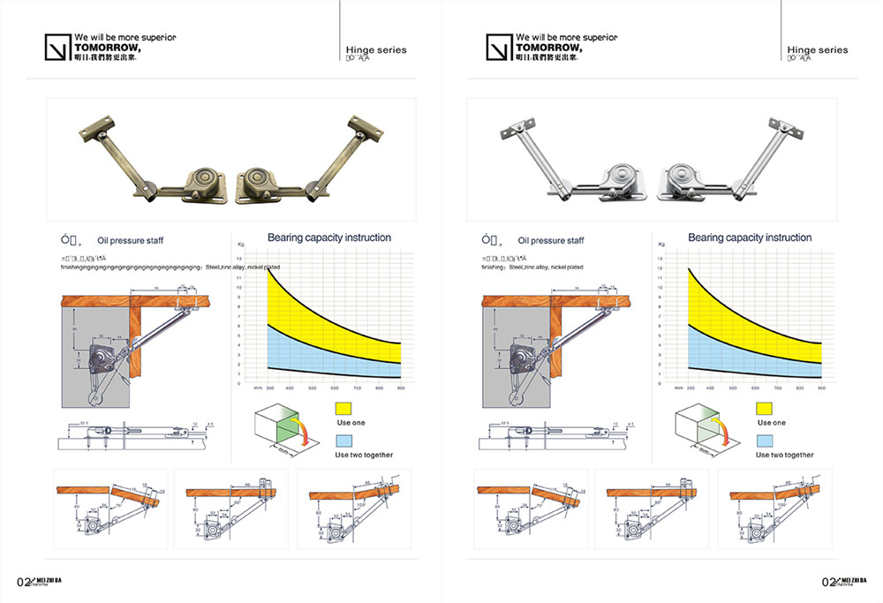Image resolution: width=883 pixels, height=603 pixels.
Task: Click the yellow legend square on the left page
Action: (x=343, y=408)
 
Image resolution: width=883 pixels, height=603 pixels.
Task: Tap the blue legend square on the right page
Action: (x=764, y=440)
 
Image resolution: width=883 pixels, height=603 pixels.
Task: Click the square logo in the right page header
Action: (x=498, y=47)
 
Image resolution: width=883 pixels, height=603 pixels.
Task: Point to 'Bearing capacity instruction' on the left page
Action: (x=328, y=237)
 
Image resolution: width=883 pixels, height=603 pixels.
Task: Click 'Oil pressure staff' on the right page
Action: (x=550, y=240)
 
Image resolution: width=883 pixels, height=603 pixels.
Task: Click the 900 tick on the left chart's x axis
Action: (x=400, y=388)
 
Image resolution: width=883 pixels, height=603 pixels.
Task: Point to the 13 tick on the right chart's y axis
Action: (x=660, y=258)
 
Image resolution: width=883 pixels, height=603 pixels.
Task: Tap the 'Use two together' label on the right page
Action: (x=784, y=455)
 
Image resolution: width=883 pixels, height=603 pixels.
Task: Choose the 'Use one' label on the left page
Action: (x=350, y=423)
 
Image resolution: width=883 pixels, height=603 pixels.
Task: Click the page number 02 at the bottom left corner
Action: (x=25, y=582)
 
